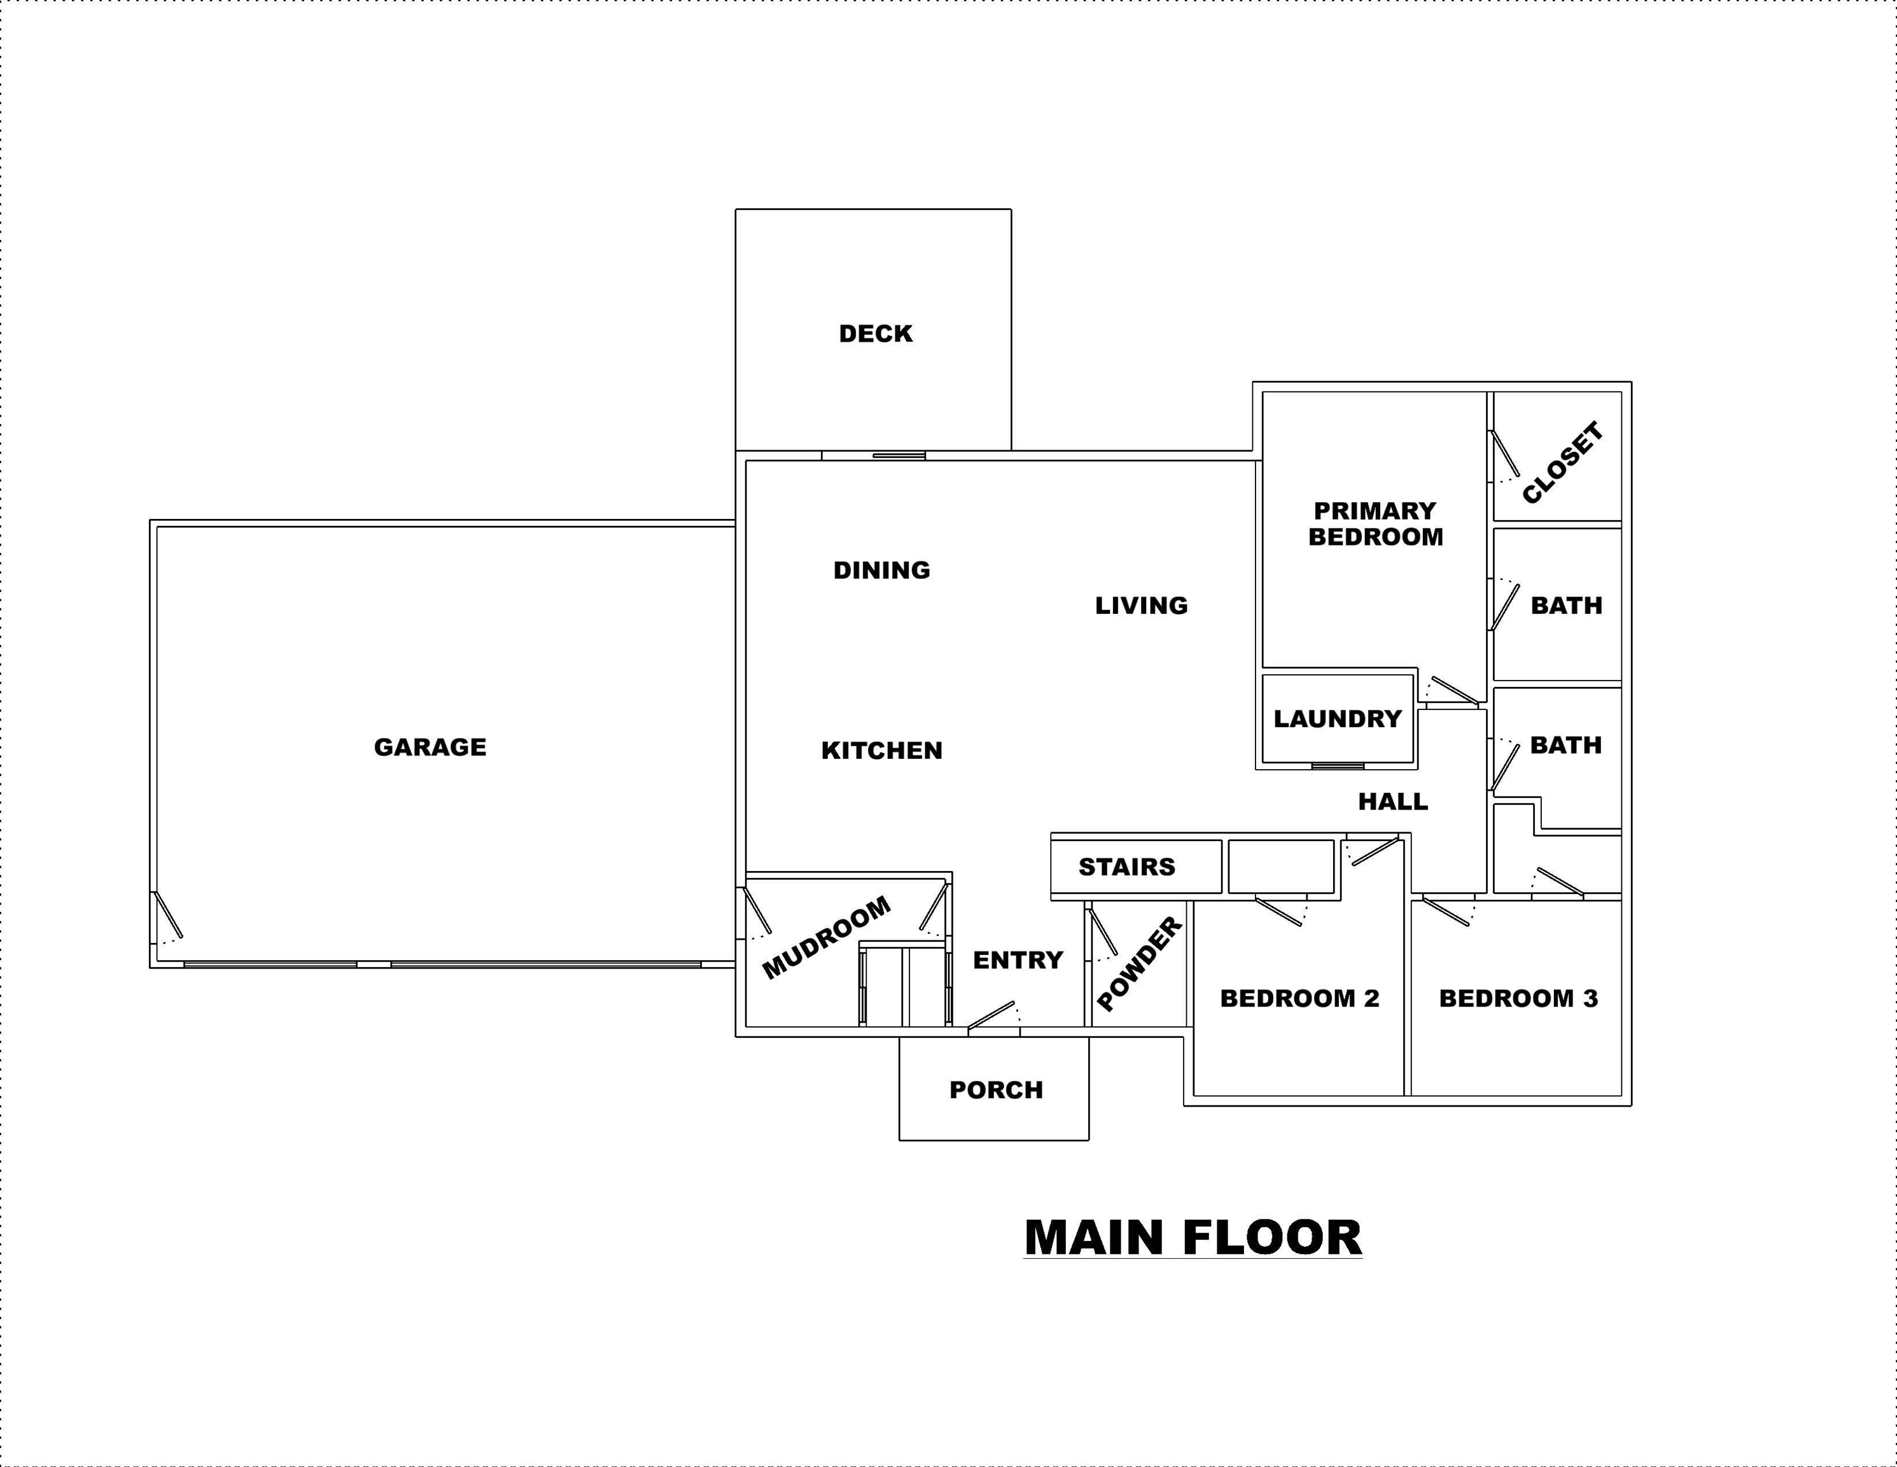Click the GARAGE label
(430, 748)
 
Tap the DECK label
(876, 334)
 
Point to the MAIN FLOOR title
(1193, 1238)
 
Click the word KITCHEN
(881, 751)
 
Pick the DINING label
(881, 570)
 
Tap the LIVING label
(1142, 606)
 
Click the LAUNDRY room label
(1338, 719)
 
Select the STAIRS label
(1126, 867)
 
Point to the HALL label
(1393, 801)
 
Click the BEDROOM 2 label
(1299, 998)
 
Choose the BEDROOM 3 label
(1518, 998)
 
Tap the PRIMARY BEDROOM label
(1376, 524)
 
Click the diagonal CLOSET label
(1563, 462)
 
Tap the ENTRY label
(1018, 960)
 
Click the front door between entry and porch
(993, 1017)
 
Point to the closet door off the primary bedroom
(1504, 455)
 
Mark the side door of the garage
(167, 916)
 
